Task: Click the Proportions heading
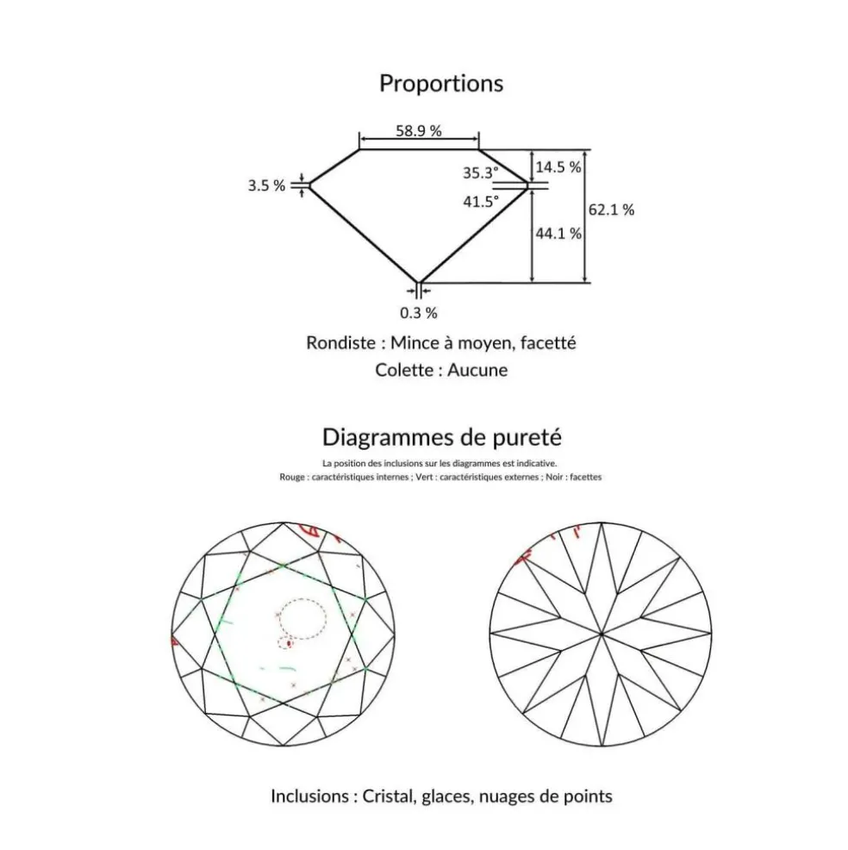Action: coord(441,84)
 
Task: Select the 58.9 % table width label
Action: coord(418,131)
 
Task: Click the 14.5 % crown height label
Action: coord(558,167)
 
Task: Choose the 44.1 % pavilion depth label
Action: coord(558,234)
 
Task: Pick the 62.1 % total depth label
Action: coord(611,209)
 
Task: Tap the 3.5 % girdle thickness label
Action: coord(266,185)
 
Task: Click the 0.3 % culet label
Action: coord(418,313)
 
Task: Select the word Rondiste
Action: coord(340,343)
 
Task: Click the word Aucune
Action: coord(477,370)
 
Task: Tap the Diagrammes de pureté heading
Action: coord(441,437)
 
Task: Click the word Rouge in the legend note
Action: coord(291,478)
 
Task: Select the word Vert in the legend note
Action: coord(424,477)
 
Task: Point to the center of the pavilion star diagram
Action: coord(601,633)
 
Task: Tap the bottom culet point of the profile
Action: coord(418,283)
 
